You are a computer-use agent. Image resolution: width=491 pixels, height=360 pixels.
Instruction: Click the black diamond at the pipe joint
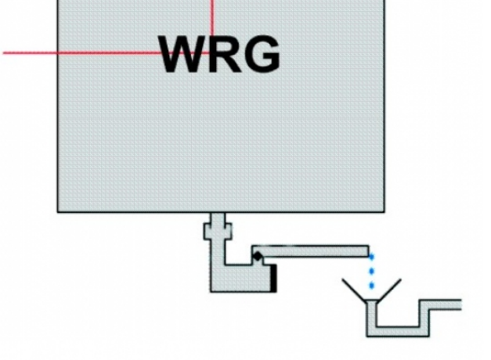click(257, 255)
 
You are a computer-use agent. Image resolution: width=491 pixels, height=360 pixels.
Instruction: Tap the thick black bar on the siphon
click(274, 278)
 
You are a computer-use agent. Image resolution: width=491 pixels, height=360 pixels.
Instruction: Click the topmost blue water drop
click(372, 257)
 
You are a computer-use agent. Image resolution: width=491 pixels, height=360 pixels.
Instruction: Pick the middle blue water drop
click(372, 272)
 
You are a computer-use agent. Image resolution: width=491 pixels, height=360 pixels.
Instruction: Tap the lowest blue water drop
click(372, 286)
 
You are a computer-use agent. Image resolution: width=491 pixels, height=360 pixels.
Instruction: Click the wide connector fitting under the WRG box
click(216, 231)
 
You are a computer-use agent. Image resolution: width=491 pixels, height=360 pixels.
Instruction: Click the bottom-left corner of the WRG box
click(58, 211)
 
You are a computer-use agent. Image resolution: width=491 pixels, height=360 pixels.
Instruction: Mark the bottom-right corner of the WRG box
click(384, 211)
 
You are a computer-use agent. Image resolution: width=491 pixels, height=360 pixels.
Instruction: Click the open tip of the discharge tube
click(367, 251)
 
